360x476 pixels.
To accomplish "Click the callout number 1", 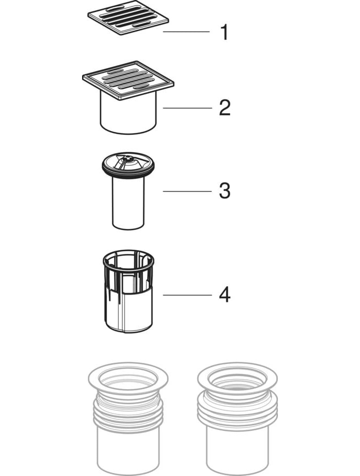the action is (224, 32).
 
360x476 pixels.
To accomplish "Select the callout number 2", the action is (225, 108).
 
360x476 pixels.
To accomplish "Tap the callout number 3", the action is (225, 191).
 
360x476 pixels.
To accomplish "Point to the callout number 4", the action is (225, 295).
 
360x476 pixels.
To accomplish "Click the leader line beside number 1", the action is (186, 31).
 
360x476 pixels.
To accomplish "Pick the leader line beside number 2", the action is (187, 108).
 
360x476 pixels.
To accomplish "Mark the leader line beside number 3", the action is (187, 191).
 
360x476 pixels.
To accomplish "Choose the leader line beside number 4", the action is (187, 295).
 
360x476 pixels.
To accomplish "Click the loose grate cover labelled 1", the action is (128, 17).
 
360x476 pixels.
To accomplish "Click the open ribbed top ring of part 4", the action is (129, 263).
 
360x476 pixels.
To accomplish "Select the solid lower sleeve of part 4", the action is (129, 309).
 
